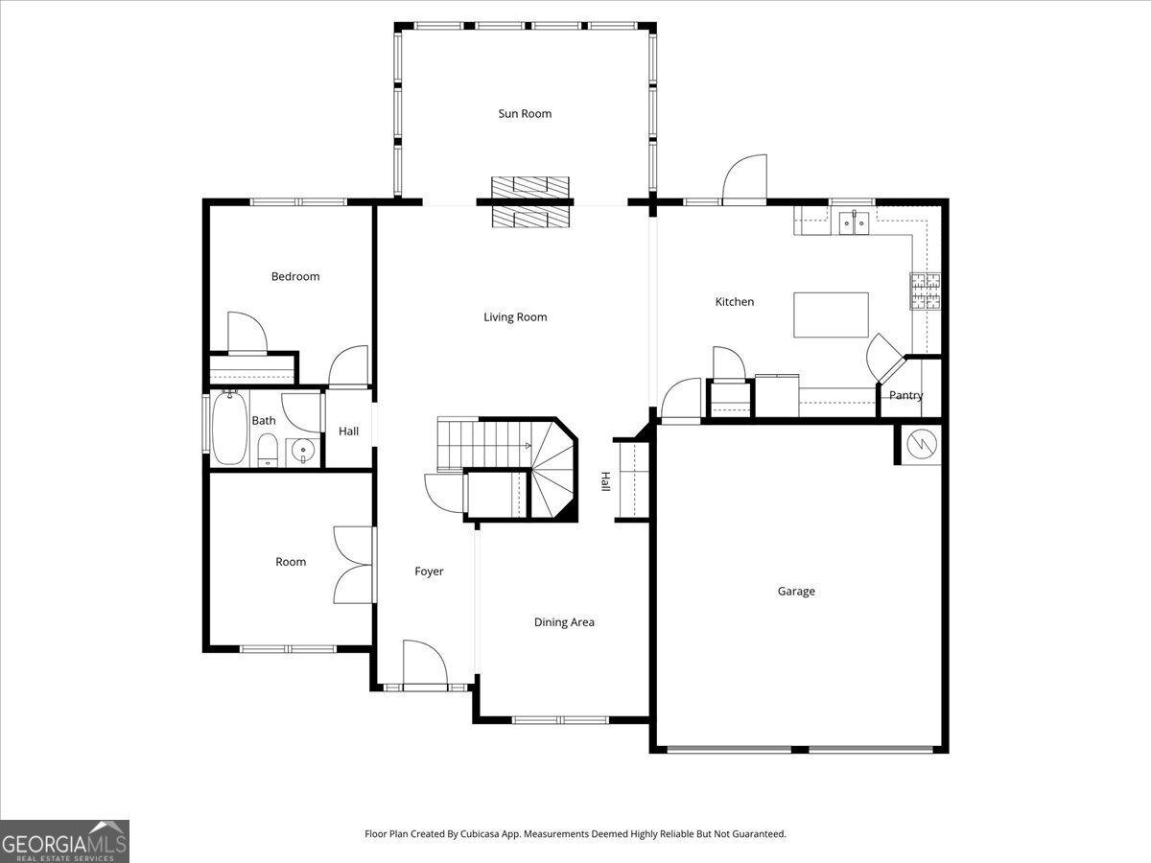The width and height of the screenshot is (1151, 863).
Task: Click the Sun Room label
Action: pos(525,114)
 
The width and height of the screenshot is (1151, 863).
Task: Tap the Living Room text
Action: pos(515,317)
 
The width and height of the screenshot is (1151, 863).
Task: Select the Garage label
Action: pos(796,591)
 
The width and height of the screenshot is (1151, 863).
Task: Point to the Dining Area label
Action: pos(564,622)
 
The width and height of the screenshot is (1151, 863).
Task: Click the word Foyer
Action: pos(429,571)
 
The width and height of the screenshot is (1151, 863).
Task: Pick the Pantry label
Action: pos(905,395)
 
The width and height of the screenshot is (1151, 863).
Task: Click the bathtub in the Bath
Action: pos(229,428)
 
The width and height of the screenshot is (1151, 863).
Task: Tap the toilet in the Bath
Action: pos(268,450)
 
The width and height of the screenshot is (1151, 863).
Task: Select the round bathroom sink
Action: pos(303,450)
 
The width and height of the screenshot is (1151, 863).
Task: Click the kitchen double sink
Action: pos(855,222)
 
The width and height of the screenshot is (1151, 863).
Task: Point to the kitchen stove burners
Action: pos(926,291)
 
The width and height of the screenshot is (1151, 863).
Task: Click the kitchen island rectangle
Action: pos(831,315)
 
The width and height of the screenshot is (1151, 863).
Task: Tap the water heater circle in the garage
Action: pos(922,444)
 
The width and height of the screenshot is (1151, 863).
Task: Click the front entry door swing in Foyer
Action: pos(425,663)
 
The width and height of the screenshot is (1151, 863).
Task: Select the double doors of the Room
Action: pos(354,565)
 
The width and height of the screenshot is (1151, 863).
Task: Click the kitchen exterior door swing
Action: pos(744,177)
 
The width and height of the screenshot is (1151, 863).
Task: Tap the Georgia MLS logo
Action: pos(64,841)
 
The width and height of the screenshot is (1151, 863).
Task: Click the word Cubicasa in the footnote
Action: pos(480,833)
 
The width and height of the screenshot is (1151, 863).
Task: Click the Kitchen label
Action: pos(735,302)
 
